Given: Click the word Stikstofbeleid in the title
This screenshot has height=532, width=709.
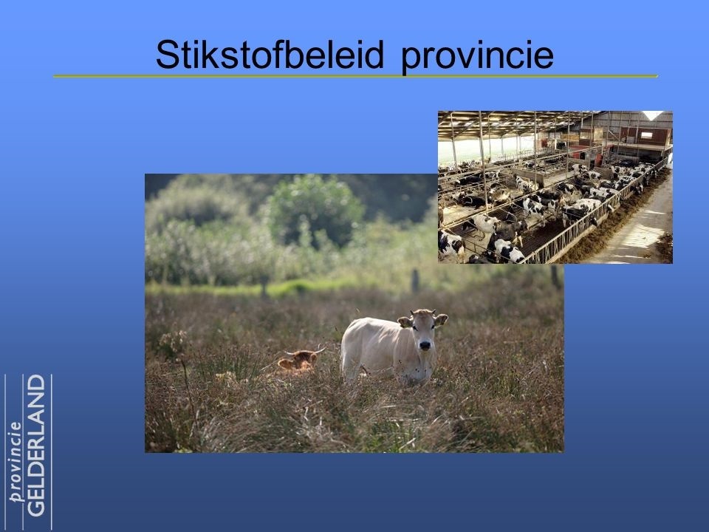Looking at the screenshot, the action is pos(270,54).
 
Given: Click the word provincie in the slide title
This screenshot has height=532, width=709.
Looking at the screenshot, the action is pos(478,57).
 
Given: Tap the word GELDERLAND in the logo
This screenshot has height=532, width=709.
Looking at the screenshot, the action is pos(37,446).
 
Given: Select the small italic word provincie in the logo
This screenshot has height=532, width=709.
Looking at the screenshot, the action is pos(16,462).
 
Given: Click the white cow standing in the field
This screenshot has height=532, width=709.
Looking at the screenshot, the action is pos(391,346).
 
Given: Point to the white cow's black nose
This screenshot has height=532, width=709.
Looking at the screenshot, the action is pos(425,346).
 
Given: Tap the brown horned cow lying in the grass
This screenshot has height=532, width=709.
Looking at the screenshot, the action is pos(299,360).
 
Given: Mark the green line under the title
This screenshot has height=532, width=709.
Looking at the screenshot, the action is pos(355,76).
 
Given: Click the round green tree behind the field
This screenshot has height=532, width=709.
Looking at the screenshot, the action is pos(315,209).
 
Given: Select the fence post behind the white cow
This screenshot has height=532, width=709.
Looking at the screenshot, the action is pos(414,281).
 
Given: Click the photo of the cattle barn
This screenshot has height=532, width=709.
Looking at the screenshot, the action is pos(555,187).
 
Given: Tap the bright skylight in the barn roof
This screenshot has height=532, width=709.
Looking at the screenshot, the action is pos(652,115).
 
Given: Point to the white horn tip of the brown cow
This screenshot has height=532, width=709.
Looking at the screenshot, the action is pos(323,349).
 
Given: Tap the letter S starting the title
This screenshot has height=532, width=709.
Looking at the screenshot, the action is pos(166,54).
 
